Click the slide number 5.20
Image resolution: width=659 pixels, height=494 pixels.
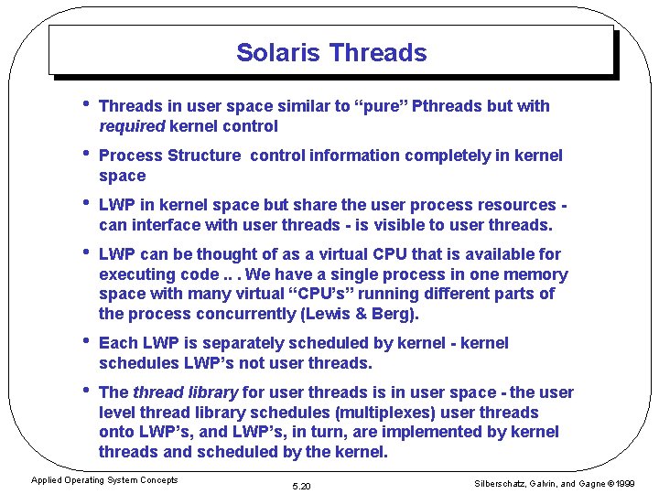tap(300, 486)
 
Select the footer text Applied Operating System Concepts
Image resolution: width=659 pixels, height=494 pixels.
tap(104, 480)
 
